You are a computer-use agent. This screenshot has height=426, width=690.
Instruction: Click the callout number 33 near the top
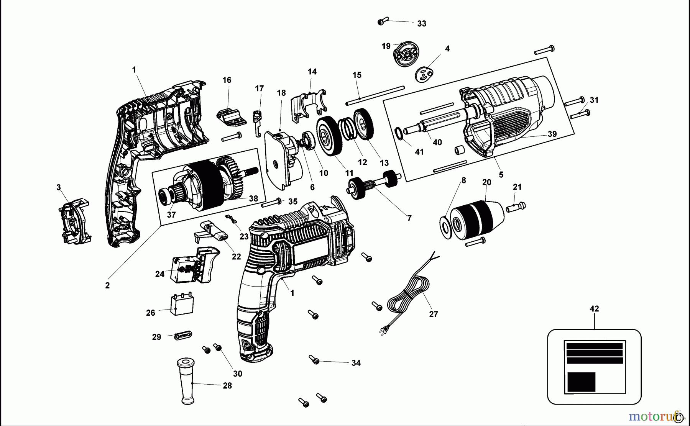[421, 24]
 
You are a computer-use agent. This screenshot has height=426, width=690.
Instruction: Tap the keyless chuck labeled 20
[474, 218]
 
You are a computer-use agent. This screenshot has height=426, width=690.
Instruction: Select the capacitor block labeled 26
[182, 304]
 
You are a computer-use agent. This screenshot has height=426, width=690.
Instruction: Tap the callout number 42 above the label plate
[594, 309]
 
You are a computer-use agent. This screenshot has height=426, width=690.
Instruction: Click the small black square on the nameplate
[581, 382]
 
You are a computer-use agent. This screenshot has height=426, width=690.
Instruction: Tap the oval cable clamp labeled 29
[183, 336]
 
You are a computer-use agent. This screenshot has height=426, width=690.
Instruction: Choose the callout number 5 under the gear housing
[501, 175]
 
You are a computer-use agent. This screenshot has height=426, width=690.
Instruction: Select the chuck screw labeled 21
[516, 207]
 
